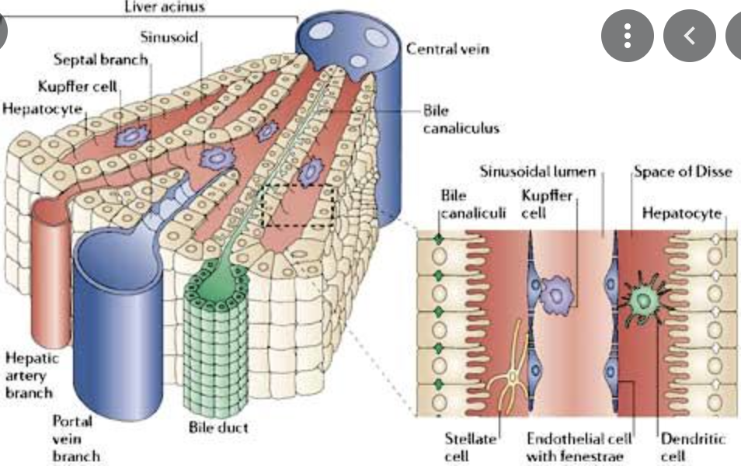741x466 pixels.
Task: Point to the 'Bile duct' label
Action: (x=218, y=427)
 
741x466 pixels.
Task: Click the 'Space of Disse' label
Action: (x=683, y=171)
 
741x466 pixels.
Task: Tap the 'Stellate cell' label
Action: (x=469, y=447)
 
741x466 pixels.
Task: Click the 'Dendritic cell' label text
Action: (x=693, y=447)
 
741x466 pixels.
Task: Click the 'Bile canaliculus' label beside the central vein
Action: (x=461, y=118)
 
